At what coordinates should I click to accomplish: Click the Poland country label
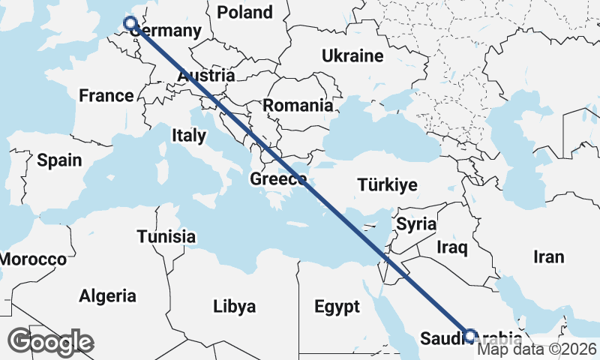[x=244, y=12]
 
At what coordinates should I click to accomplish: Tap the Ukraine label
[x=352, y=56]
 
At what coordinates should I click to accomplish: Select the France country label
[x=106, y=95]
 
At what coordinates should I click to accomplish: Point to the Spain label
[x=58, y=160]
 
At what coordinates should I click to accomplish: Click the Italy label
[x=188, y=136]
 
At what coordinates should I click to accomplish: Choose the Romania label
[x=298, y=106]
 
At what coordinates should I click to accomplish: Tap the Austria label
[x=206, y=76]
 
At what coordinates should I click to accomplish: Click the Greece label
[x=277, y=179]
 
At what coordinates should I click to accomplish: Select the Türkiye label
[x=387, y=184]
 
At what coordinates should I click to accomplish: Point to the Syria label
[x=415, y=223]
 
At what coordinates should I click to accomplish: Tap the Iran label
[x=548, y=256]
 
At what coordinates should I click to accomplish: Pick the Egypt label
[x=337, y=306]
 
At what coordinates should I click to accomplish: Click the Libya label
[x=234, y=306]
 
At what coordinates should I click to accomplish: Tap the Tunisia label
[x=166, y=237]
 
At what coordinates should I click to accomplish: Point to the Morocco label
[x=32, y=259]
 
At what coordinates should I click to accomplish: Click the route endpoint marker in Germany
[x=130, y=23]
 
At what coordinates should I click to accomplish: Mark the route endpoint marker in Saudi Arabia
[x=470, y=336]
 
